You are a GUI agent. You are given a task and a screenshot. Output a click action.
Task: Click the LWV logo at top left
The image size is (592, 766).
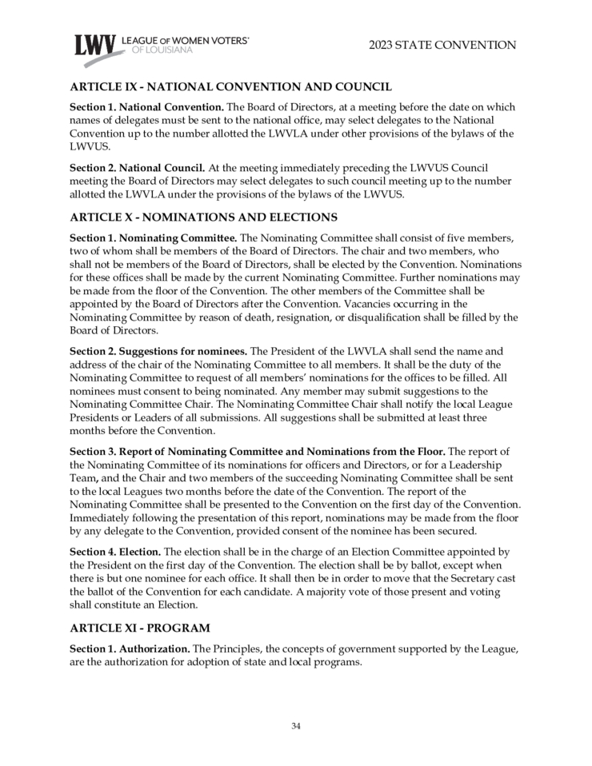(94, 46)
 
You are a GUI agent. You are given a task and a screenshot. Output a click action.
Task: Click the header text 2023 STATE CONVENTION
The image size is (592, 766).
(442, 45)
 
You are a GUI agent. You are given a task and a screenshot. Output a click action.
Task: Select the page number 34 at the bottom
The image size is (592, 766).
(296, 725)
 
